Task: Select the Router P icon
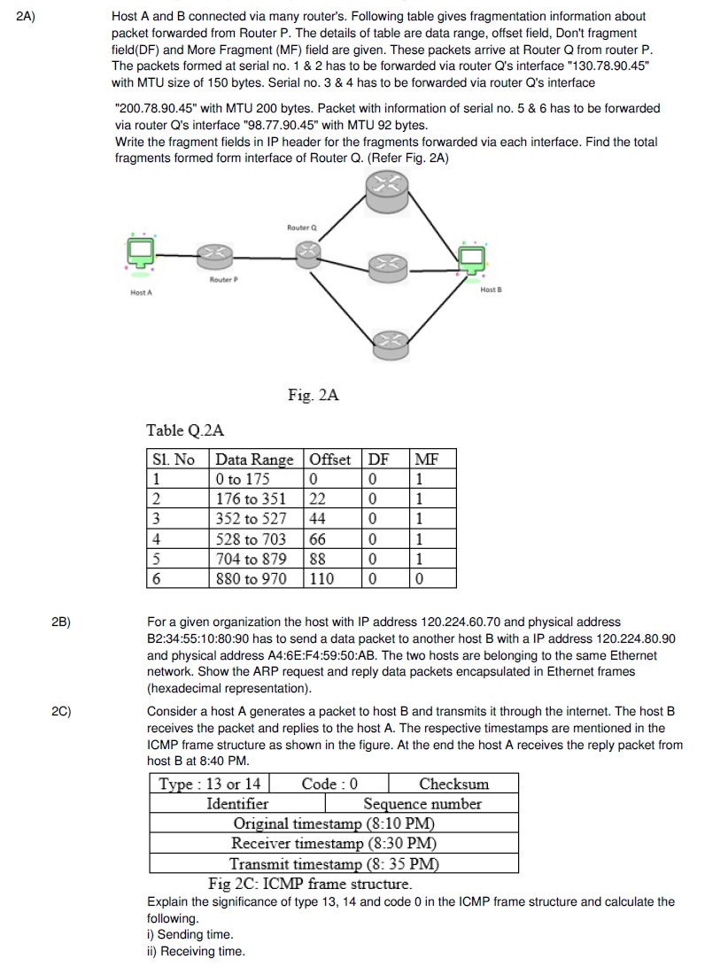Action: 214,258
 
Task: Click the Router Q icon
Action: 306,251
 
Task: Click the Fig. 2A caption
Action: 313,395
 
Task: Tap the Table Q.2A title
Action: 185,431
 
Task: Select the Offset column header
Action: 329,460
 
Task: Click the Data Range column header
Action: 254,460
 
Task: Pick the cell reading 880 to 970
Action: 252,578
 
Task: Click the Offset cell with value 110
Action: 322,578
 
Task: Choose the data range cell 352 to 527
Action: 252,519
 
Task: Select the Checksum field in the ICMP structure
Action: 453,784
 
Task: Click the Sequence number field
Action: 422,804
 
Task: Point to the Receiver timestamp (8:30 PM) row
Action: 334,844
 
